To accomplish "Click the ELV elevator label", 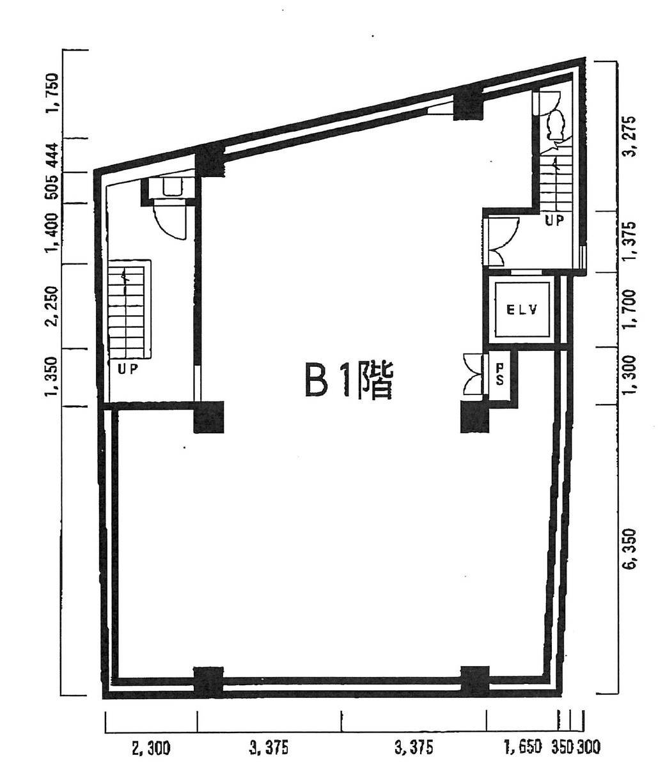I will [x=522, y=311].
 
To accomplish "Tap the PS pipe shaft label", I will [x=501, y=374].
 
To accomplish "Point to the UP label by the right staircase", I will [x=554, y=221].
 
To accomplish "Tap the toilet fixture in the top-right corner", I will [x=555, y=123].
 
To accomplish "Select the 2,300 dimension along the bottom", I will [x=151, y=747].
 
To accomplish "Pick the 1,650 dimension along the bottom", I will [x=522, y=747].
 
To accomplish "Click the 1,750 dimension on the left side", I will [x=52, y=93].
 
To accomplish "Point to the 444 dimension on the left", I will [x=52, y=155].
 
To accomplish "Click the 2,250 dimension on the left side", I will [x=52, y=306].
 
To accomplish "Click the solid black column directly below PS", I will [x=474, y=417].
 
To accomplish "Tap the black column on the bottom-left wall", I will [x=208, y=681].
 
